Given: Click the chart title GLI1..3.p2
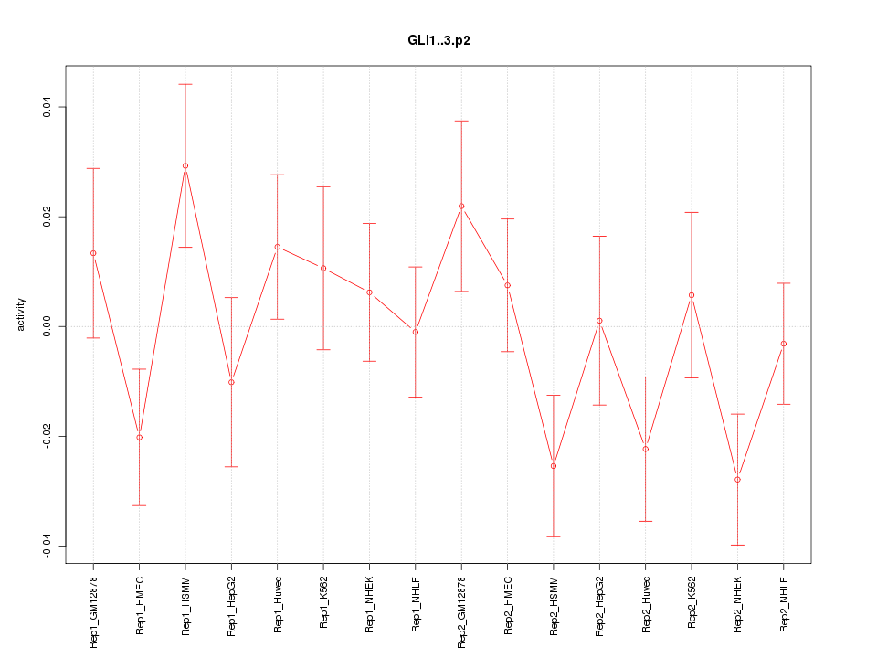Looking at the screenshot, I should tap(438, 41).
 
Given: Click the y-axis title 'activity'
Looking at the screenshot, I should tap(22, 314).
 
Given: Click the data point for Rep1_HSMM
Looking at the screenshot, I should tap(185, 166).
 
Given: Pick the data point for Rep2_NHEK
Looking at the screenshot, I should tap(737, 479).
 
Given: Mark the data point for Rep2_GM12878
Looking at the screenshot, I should tap(461, 206).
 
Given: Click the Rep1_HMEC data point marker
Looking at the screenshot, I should tap(139, 437).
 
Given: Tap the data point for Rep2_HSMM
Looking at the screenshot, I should tap(554, 466).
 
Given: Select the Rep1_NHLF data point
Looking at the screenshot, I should tap(416, 332).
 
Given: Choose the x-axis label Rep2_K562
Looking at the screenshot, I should tap(692, 603).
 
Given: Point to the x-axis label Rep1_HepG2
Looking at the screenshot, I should tap(231, 605).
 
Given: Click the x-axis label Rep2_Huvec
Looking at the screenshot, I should tap(646, 605).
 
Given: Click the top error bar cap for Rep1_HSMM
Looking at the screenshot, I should tap(185, 84).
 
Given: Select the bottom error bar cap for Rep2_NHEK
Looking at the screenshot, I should tap(737, 545).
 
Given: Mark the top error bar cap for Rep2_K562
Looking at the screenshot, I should tap(692, 212).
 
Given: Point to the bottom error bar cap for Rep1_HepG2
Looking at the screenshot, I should tap(231, 466).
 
